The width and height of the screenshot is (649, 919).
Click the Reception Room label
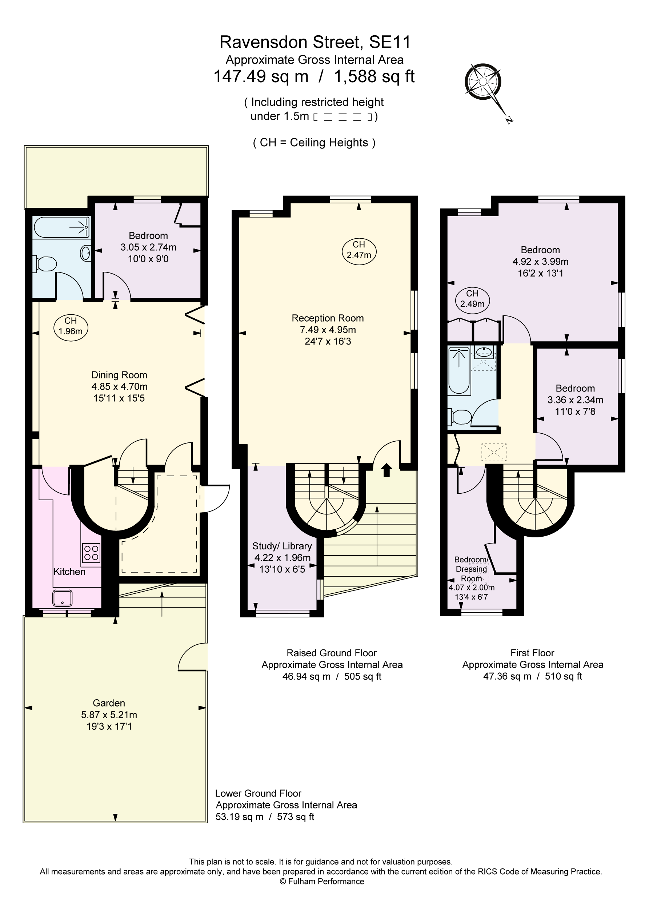327,318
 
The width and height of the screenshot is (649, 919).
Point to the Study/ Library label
282,546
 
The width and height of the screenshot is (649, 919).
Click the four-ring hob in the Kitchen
91,553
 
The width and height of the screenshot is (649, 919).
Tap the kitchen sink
63,598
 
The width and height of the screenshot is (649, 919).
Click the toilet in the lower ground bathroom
45,264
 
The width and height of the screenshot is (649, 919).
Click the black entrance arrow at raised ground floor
386,470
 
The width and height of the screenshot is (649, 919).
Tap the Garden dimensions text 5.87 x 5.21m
109,715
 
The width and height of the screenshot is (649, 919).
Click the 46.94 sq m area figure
306,676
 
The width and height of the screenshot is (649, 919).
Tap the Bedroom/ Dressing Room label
471,569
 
